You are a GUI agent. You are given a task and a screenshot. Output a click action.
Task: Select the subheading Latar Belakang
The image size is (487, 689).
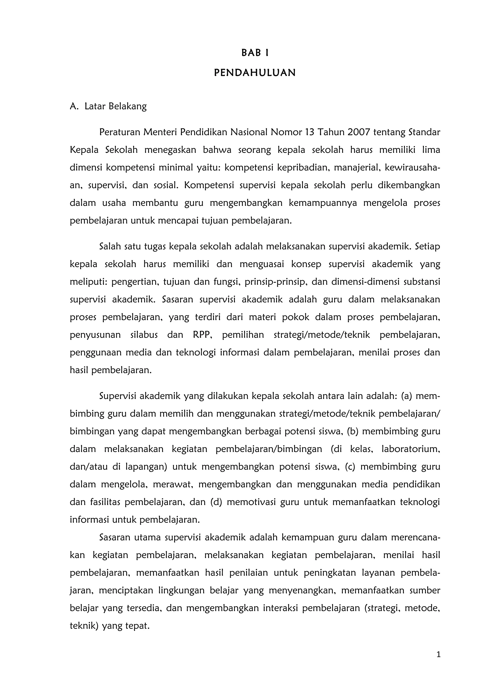(x=116, y=106)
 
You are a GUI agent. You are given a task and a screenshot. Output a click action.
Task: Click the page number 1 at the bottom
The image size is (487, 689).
(x=438, y=655)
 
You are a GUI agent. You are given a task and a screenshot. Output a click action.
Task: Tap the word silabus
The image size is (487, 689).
(x=144, y=335)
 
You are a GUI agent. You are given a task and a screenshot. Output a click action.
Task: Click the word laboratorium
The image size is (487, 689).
(x=410, y=449)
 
